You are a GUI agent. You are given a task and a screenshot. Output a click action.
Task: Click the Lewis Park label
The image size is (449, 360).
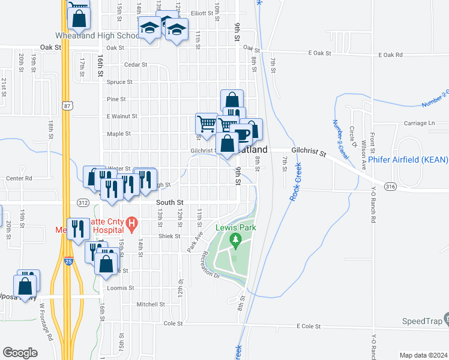(x=236, y=227)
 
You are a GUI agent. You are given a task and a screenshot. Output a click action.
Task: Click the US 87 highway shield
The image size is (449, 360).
(x=67, y=106)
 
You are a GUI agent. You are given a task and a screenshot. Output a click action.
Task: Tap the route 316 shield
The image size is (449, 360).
(x=391, y=187)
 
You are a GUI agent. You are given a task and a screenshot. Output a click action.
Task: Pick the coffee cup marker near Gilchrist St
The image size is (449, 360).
(x=242, y=136)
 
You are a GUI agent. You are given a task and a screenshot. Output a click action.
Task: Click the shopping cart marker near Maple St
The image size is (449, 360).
(x=207, y=123)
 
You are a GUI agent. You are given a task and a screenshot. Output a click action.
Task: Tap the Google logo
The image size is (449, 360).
(x=20, y=353)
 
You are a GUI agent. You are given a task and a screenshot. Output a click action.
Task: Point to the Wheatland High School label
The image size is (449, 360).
(x=97, y=36)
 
